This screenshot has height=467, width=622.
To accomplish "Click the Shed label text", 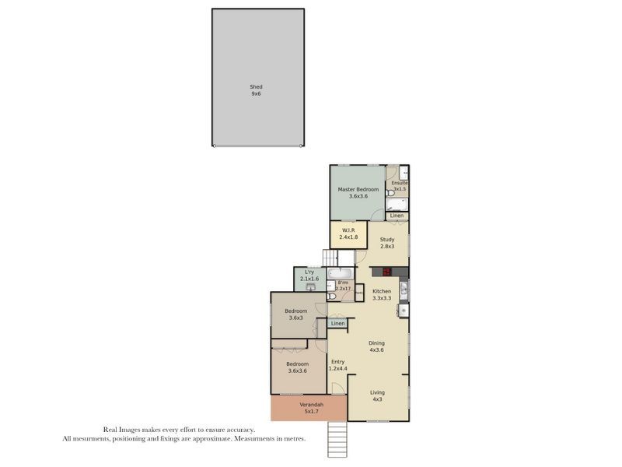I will (256, 86).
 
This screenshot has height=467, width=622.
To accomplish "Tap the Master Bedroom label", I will (358, 190).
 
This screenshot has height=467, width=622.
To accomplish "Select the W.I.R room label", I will (348, 230).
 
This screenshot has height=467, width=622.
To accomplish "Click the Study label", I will (387, 239).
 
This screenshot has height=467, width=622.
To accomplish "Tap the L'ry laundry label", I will (309, 272).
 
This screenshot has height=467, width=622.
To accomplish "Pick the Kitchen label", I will (381, 291).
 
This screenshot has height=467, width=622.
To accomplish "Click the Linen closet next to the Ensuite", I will (397, 216).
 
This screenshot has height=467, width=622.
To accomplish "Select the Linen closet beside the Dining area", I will (337, 323).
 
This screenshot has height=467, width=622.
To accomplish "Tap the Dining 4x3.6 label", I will (376, 346).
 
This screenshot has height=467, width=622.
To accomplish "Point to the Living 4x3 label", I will (377, 396).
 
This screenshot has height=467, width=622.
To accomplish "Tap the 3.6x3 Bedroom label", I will (295, 314).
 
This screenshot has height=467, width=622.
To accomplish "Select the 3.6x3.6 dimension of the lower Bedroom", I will (297, 370).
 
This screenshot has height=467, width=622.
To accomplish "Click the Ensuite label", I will (400, 183).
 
